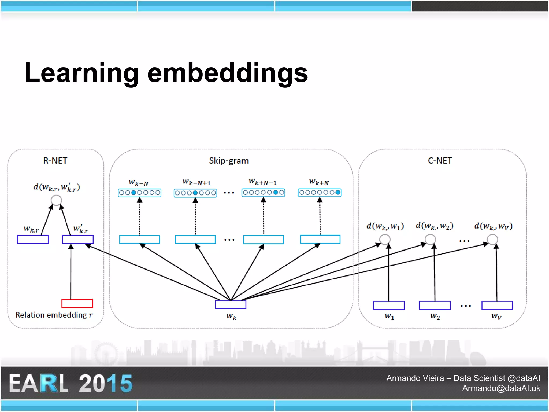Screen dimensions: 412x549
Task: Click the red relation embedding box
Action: point(77,303)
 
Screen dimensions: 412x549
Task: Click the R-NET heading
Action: point(55,161)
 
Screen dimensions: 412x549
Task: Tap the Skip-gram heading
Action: point(229,161)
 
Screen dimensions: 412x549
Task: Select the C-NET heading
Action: point(440,161)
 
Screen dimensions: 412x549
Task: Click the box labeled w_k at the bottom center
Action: point(231,305)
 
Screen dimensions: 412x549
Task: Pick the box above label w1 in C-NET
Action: point(389,305)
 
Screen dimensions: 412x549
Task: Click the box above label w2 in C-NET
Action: point(435,305)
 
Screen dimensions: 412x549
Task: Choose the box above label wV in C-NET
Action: point(497,305)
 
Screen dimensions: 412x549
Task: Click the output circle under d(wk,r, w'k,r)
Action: point(56,200)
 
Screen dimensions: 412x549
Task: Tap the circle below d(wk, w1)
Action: point(385,239)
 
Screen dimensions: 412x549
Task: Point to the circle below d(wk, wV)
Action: point(492,239)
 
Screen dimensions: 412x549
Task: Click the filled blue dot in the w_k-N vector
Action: point(133,193)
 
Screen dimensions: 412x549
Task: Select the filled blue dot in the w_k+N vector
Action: point(338,192)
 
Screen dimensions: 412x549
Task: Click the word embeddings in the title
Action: point(228,73)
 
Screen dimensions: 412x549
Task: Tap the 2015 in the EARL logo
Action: point(106,383)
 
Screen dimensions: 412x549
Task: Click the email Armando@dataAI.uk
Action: point(501,388)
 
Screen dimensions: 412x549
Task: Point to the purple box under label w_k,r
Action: point(33,239)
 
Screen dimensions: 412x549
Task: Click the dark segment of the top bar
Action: point(480,6)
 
